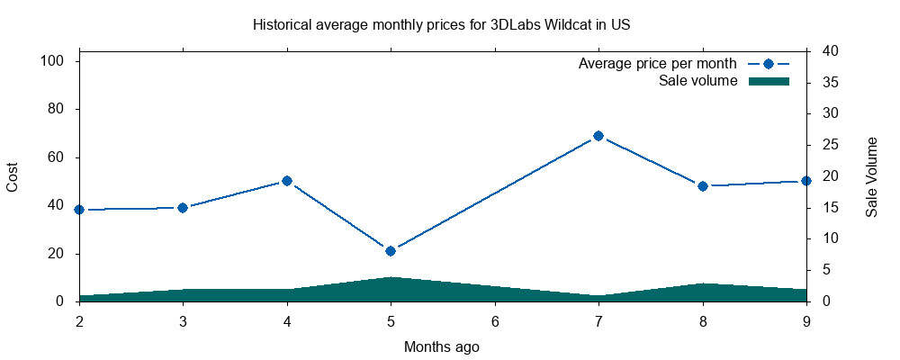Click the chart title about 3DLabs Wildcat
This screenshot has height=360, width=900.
pos(441,24)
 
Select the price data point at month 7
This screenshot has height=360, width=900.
pos(598,136)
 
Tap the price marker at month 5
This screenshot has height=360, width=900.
pos(391,251)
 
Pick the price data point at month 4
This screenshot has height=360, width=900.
pos(287,181)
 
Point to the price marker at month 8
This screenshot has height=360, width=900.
pos(703,186)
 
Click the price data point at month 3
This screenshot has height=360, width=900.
pos(183,208)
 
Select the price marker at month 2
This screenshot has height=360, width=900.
pos(79,210)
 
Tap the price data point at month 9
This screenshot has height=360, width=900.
pos(806,181)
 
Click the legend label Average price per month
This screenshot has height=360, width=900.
pos(658,64)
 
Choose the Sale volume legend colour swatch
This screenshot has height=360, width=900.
pos(769,81)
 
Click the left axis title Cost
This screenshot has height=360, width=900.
pos(13,176)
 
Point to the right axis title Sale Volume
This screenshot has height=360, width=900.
pos(871,176)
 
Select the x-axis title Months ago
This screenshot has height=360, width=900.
pos(441,346)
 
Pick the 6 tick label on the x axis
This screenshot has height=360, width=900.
pos(495,321)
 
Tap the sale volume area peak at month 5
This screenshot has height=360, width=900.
pos(391,279)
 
